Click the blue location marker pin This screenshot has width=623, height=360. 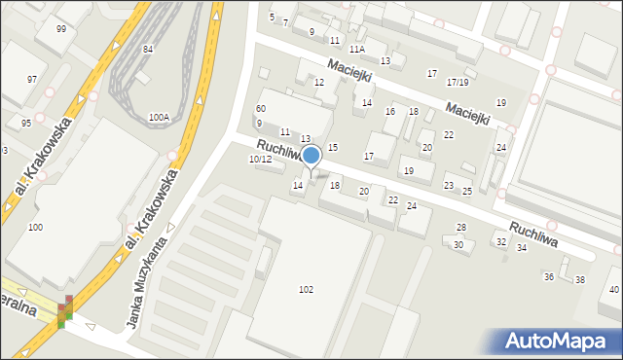pos(311,156)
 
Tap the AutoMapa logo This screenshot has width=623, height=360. pos(558,341)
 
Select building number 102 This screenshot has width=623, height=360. pos(306,289)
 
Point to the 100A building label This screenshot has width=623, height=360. pos(159,117)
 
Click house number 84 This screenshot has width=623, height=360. pos(147,49)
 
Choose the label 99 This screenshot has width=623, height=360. pos(61,29)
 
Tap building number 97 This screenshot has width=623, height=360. pos(32,79)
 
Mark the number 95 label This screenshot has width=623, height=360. pos(26,123)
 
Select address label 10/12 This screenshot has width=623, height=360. pos(260,159)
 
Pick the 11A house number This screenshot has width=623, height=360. pos(357,49)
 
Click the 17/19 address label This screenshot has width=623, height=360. pos(458,82)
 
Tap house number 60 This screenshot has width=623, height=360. pos(260,108)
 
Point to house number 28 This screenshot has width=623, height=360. pos(461,227)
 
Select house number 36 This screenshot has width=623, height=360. pos(548,277)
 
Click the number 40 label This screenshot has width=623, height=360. pos(613,290)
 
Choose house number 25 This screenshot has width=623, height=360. pos(467,191)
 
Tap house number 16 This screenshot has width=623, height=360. pos(389,112)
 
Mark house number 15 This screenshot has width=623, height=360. pos(332,147)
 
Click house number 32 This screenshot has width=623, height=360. pos(500,241)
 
